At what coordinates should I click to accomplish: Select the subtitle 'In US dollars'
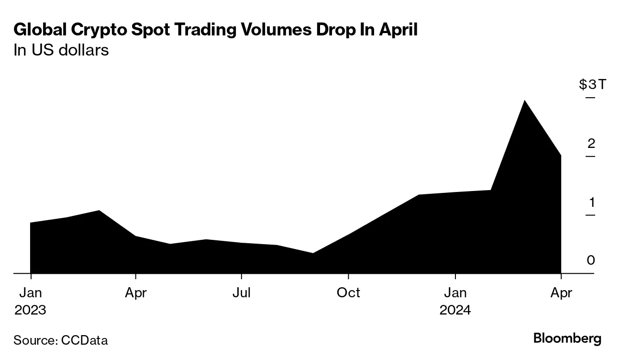tap(61, 50)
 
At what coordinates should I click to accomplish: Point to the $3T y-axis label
tap(592, 85)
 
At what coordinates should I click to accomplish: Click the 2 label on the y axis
tap(591, 144)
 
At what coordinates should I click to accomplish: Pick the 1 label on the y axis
tap(591, 202)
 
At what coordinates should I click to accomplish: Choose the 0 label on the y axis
tap(591, 260)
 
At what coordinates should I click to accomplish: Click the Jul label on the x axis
tap(242, 292)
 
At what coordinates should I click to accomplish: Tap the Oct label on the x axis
tap(348, 292)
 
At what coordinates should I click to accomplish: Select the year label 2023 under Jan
tap(31, 310)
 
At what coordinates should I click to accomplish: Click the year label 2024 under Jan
tap(455, 310)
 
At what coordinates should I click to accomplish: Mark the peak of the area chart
tap(525, 101)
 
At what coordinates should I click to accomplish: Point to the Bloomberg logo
tap(567, 339)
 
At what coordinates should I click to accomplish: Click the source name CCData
tap(85, 340)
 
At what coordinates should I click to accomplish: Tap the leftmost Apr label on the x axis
tap(136, 292)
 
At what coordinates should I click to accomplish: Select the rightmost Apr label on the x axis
tap(561, 292)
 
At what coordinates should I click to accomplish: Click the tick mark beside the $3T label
tap(590, 98)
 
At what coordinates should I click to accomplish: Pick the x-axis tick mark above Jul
tap(242, 276)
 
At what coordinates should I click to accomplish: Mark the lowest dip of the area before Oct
tap(312, 253)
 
